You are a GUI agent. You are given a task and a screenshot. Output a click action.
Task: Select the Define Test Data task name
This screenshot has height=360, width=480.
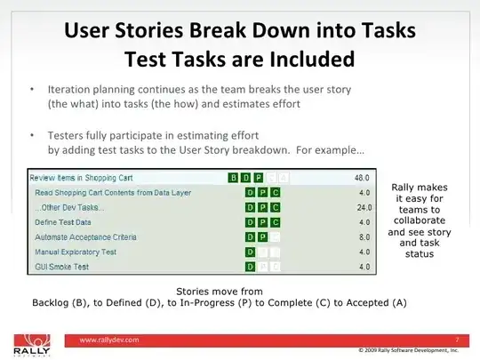click(x=66, y=221)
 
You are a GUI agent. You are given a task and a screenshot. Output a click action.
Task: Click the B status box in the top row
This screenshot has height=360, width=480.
click(x=234, y=178)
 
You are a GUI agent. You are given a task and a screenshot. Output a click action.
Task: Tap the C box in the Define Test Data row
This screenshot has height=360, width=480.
click(x=276, y=221)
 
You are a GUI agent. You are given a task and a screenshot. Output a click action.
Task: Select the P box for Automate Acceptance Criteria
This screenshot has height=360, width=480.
click(x=263, y=236)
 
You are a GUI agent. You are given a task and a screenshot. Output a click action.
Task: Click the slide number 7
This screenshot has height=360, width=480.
click(x=455, y=339)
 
